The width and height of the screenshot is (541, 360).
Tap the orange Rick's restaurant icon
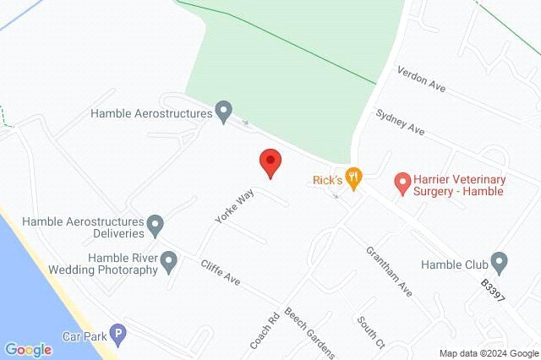tap(354, 178)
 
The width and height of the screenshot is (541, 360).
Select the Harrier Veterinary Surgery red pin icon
tap(402, 183)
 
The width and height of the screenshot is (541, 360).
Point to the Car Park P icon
tap(118, 335)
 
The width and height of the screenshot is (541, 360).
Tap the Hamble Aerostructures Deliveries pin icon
tap(156, 225)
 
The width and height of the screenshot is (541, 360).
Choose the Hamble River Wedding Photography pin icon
tap(170, 262)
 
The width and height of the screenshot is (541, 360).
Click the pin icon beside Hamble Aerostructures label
tap(224, 111)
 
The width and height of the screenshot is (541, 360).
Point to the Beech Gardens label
tap(309, 330)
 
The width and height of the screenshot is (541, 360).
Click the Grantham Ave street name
tap(388, 271)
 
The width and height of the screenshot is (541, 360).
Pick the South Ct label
tap(370, 333)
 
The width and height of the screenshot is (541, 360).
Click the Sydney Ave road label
tap(400, 124)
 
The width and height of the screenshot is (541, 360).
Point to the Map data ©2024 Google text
tap(488, 353)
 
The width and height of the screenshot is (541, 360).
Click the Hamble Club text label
tap(455, 263)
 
